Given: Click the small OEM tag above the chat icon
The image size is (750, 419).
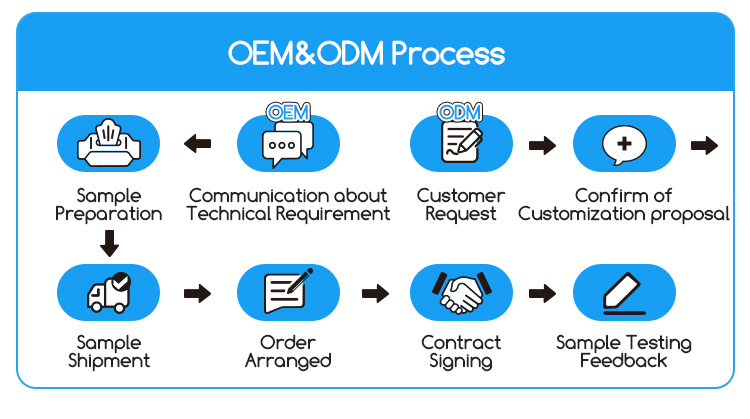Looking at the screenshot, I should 288,110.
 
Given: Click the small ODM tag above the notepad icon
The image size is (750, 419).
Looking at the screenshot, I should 461,110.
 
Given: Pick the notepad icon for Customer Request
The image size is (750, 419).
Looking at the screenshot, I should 461,144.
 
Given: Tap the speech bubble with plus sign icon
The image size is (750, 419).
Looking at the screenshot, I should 624,144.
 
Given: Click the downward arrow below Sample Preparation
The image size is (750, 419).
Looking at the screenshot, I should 110,242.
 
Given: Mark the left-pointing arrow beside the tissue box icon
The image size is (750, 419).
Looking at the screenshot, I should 197,144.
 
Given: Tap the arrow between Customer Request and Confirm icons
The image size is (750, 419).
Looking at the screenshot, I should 542,145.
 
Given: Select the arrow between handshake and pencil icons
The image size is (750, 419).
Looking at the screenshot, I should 542,293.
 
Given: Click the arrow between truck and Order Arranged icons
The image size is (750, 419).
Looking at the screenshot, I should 197,293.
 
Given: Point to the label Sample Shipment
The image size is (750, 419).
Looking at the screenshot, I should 109,351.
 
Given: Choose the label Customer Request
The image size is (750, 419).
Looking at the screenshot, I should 460,204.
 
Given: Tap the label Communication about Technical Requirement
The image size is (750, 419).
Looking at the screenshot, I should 289,204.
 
